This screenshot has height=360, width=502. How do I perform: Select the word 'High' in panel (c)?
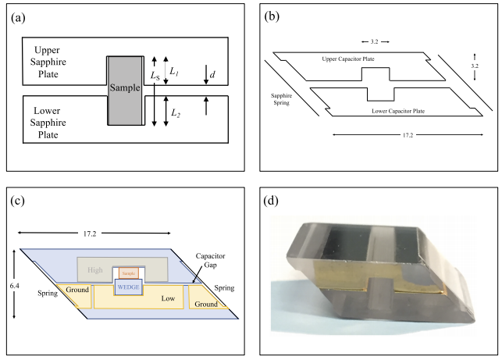pyautogui.click(x=96, y=270)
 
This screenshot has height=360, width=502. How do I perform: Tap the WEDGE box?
pyautogui.click(x=129, y=287)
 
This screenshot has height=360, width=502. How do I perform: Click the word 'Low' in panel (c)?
pyautogui.click(x=168, y=298)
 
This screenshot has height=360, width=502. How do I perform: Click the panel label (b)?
pyautogui.click(x=271, y=17)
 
